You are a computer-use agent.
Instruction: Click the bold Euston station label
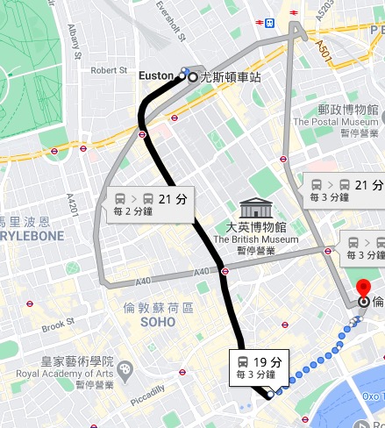(x=158, y=76)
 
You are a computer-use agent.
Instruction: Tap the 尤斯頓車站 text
(x=231, y=77)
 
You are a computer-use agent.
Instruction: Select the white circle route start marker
(x=194, y=77)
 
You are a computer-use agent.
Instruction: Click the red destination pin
(x=365, y=289)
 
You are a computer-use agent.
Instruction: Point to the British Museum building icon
(x=255, y=209)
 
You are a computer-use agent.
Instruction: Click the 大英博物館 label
(x=256, y=226)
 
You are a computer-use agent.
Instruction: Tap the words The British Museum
(x=256, y=239)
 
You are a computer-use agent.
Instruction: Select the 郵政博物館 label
(x=348, y=111)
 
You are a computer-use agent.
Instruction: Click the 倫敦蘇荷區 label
(x=158, y=308)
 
